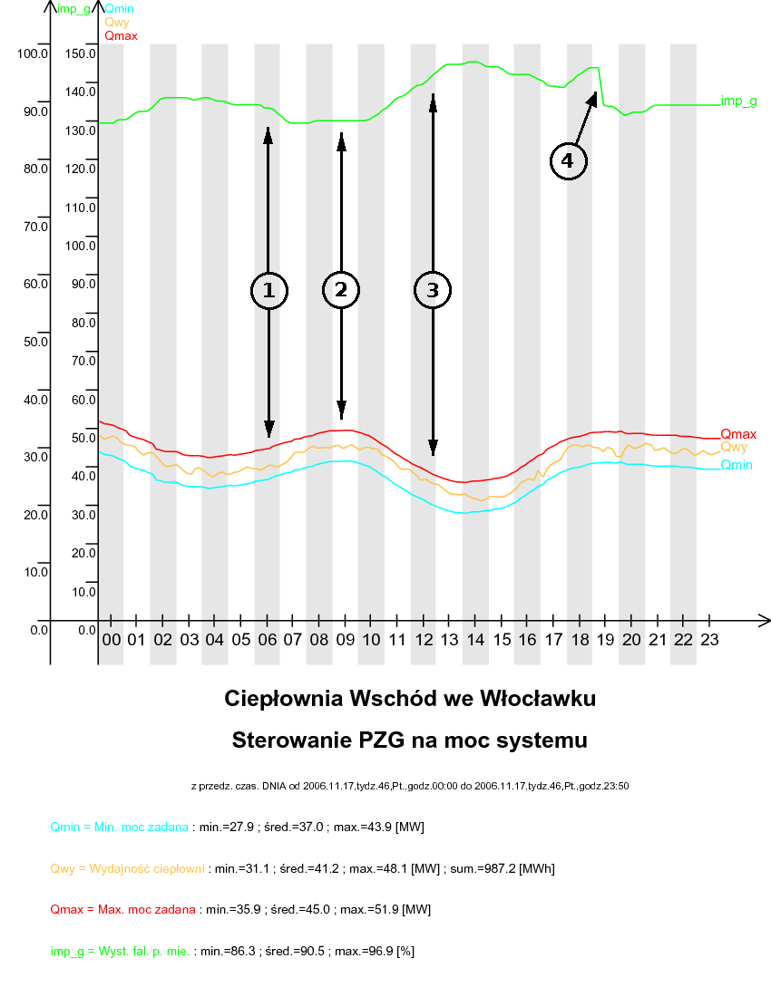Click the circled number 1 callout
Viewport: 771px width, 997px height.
(268, 290)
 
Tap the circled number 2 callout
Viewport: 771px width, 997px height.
(341, 290)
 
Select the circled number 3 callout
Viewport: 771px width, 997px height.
(433, 290)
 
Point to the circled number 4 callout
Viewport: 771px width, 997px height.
(568, 161)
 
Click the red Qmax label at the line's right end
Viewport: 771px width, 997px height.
(738, 434)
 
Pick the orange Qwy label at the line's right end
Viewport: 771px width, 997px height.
(734, 448)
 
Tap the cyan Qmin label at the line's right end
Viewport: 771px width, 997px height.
(737, 465)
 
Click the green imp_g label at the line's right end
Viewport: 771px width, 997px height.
(739, 102)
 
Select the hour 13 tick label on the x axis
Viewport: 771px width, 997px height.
(450, 640)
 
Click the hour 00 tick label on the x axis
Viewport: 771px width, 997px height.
(111, 640)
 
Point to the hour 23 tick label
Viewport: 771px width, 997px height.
(710, 640)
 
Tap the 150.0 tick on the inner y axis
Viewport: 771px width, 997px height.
(82, 53)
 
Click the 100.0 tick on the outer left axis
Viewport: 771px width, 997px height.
(32, 53)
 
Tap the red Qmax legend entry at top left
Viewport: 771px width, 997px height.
(121, 36)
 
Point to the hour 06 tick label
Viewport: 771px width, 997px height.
(268, 640)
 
